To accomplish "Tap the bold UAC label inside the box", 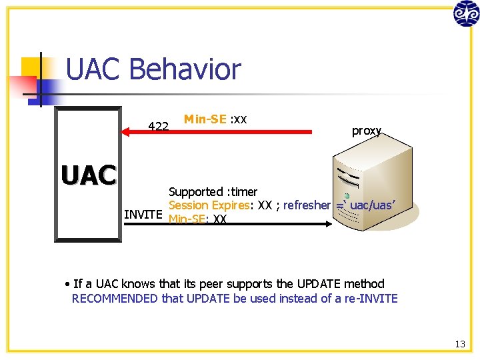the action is click(88, 175).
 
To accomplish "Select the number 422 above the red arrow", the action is click(158, 126).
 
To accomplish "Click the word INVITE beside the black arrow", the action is click(143, 214).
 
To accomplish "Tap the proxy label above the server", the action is click(366, 131).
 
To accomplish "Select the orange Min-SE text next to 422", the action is click(205, 119).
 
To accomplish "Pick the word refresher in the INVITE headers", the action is click(307, 205).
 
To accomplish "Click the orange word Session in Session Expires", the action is click(189, 205).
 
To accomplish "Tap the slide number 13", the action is click(460, 344).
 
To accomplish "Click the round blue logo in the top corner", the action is click(466, 13).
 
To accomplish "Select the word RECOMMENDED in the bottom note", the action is click(115, 298).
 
